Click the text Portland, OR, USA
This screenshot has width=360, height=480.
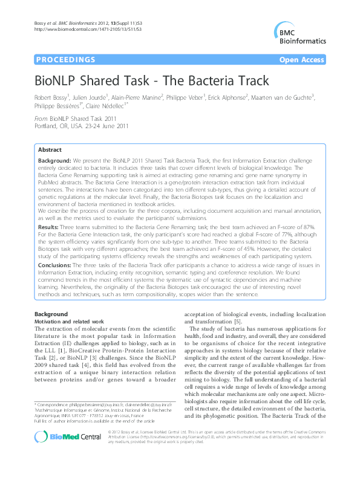(x=59, y=128)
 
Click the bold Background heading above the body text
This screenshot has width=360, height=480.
(x=51, y=314)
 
